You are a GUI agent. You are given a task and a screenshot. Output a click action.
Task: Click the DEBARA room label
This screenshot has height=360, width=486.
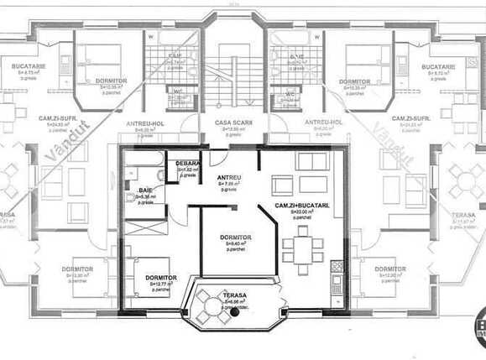click(186, 164)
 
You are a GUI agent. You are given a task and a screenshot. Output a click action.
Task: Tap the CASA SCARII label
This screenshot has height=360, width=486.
click(229, 123)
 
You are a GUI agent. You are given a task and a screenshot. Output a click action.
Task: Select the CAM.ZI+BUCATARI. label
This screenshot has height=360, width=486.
click(301, 206)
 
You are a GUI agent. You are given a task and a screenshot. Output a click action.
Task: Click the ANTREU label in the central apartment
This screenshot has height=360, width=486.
click(229, 178)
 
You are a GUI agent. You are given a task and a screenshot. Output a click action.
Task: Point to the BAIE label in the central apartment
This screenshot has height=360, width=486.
click(146, 191)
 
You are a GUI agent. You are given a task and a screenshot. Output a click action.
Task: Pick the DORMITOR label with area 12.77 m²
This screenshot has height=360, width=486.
click(160, 278)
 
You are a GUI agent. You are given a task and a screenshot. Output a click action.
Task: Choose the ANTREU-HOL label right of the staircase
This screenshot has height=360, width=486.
click(323, 123)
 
